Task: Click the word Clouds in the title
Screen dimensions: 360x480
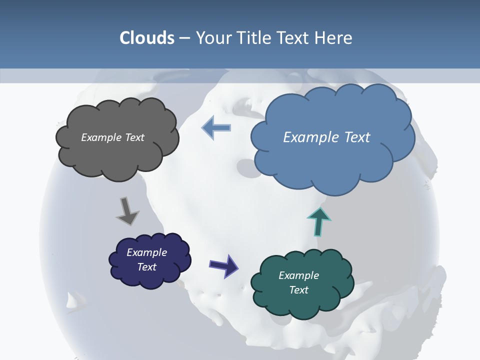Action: pyautogui.click(x=147, y=38)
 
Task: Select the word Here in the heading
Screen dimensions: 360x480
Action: pyautogui.click(x=334, y=38)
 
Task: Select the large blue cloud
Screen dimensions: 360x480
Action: pyautogui.click(x=332, y=160)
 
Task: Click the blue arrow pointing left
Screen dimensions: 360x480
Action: pyautogui.click(x=216, y=127)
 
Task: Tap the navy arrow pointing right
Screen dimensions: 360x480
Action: pyautogui.click(x=223, y=265)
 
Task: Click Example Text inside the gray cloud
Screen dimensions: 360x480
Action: pyautogui.click(x=112, y=137)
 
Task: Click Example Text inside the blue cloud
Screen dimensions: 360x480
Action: pyautogui.click(x=326, y=137)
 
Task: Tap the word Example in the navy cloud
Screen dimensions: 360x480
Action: pyautogui.click(x=146, y=252)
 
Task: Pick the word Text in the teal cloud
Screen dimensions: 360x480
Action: pyautogui.click(x=298, y=290)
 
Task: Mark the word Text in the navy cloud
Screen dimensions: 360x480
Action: pyautogui.click(x=146, y=267)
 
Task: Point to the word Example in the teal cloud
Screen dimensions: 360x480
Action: pyautogui.click(x=298, y=275)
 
